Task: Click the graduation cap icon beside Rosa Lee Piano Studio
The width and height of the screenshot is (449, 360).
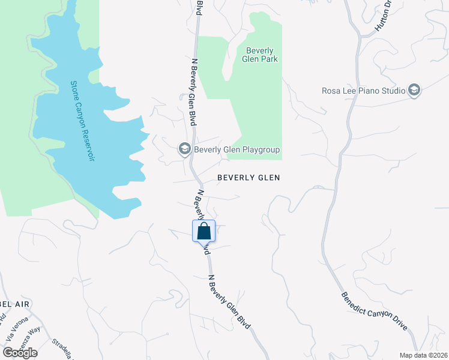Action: click(x=414, y=91)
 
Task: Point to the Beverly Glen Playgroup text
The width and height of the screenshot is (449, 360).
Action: click(x=237, y=149)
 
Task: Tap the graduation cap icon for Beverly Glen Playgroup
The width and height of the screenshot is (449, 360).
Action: click(x=185, y=149)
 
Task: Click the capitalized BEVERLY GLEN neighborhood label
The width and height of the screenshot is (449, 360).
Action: click(x=249, y=178)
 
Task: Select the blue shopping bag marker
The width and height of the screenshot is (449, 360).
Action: click(x=203, y=231)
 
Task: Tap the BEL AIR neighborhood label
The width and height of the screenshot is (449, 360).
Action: click(x=14, y=305)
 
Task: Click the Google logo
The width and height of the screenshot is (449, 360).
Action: click(x=20, y=352)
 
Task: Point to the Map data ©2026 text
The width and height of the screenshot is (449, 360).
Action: click(x=423, y=355)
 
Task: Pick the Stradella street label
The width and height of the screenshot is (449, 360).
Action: click(x=62, y=348)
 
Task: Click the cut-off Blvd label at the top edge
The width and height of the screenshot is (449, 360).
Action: click(x=199, y=8)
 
